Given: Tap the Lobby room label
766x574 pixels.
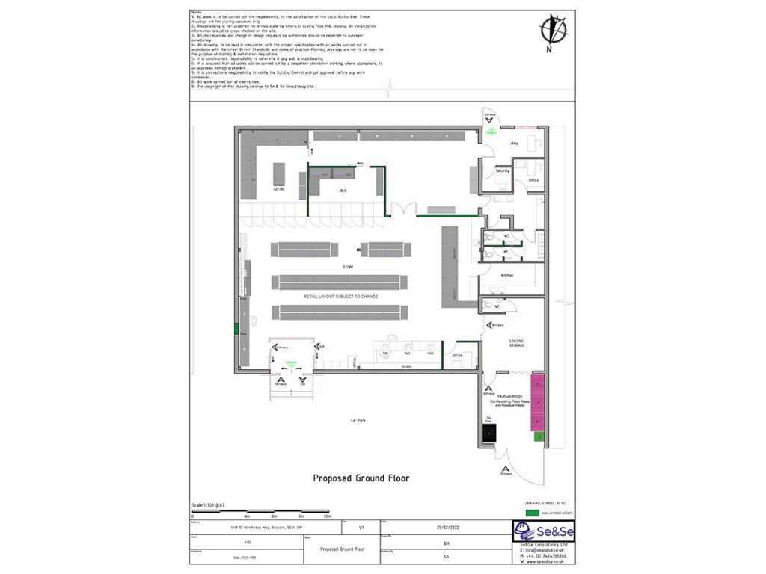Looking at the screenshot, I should (x=513, y=142).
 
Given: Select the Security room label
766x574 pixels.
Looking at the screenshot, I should (x=503, y=171).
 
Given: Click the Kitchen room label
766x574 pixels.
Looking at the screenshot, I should (x=507, y=275).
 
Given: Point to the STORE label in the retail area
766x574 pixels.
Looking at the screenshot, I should (x=348, y=266).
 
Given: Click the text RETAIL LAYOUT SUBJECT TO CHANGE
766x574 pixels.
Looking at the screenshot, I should (x=340, y=297).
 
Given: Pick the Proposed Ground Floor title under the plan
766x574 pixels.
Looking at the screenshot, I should (x=361, y=478).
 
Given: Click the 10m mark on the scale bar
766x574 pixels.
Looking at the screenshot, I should (x=326, y=516).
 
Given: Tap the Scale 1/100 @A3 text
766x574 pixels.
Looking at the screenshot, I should (x=209, y=505).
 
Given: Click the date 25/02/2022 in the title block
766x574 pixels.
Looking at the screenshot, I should (x=446, y=528).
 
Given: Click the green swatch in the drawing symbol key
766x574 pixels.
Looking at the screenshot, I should (x=532, y=513).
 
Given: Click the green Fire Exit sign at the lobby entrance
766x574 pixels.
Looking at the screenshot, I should (x=491, y=131).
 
